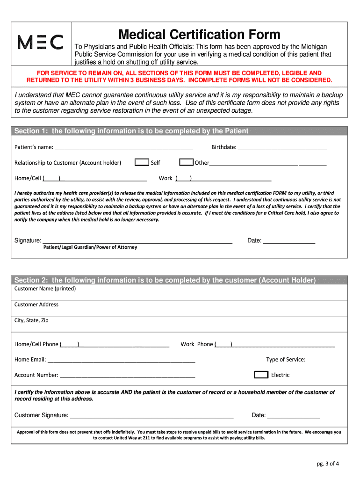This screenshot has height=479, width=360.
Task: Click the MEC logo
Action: (40, 43)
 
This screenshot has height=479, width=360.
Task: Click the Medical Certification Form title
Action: (199, 34)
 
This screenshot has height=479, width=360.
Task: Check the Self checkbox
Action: (142, 162)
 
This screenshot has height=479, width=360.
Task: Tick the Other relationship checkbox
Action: (187, 162)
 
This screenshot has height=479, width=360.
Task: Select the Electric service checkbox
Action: (261, 375)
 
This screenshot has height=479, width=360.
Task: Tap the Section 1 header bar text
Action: (131, 131)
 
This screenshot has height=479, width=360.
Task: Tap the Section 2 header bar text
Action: (165, 280)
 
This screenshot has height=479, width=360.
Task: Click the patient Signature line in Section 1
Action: (137, 242)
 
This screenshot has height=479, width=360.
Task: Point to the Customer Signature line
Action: (151, 416)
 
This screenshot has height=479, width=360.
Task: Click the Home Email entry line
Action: (122, 361)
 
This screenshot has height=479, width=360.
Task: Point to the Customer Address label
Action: (36, 305)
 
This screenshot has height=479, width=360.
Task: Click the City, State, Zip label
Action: (31, 320)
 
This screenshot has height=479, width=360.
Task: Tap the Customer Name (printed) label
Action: (45, 289)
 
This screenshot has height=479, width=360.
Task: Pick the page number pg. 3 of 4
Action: (327, 464)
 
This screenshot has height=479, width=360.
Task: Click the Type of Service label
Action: (286, 359)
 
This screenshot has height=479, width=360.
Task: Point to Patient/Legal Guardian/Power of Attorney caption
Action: (90, 247)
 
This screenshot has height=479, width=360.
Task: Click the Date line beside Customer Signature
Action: (293, 416)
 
